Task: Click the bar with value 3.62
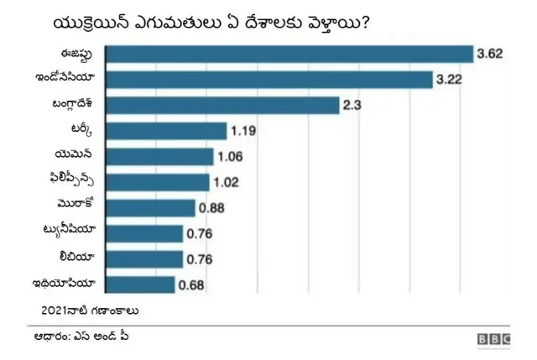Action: pos(290,54)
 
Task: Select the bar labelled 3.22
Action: pos(269,80)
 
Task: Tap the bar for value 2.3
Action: pos(222,106)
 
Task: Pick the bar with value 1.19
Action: pos(167,131)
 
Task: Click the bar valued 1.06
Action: pos(160,157)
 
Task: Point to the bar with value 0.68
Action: pos(141,284)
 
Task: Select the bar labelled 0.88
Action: pos(151,208)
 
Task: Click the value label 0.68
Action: pos(191,285)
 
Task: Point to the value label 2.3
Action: pos(352,106)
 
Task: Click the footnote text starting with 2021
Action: pos(89,310)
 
